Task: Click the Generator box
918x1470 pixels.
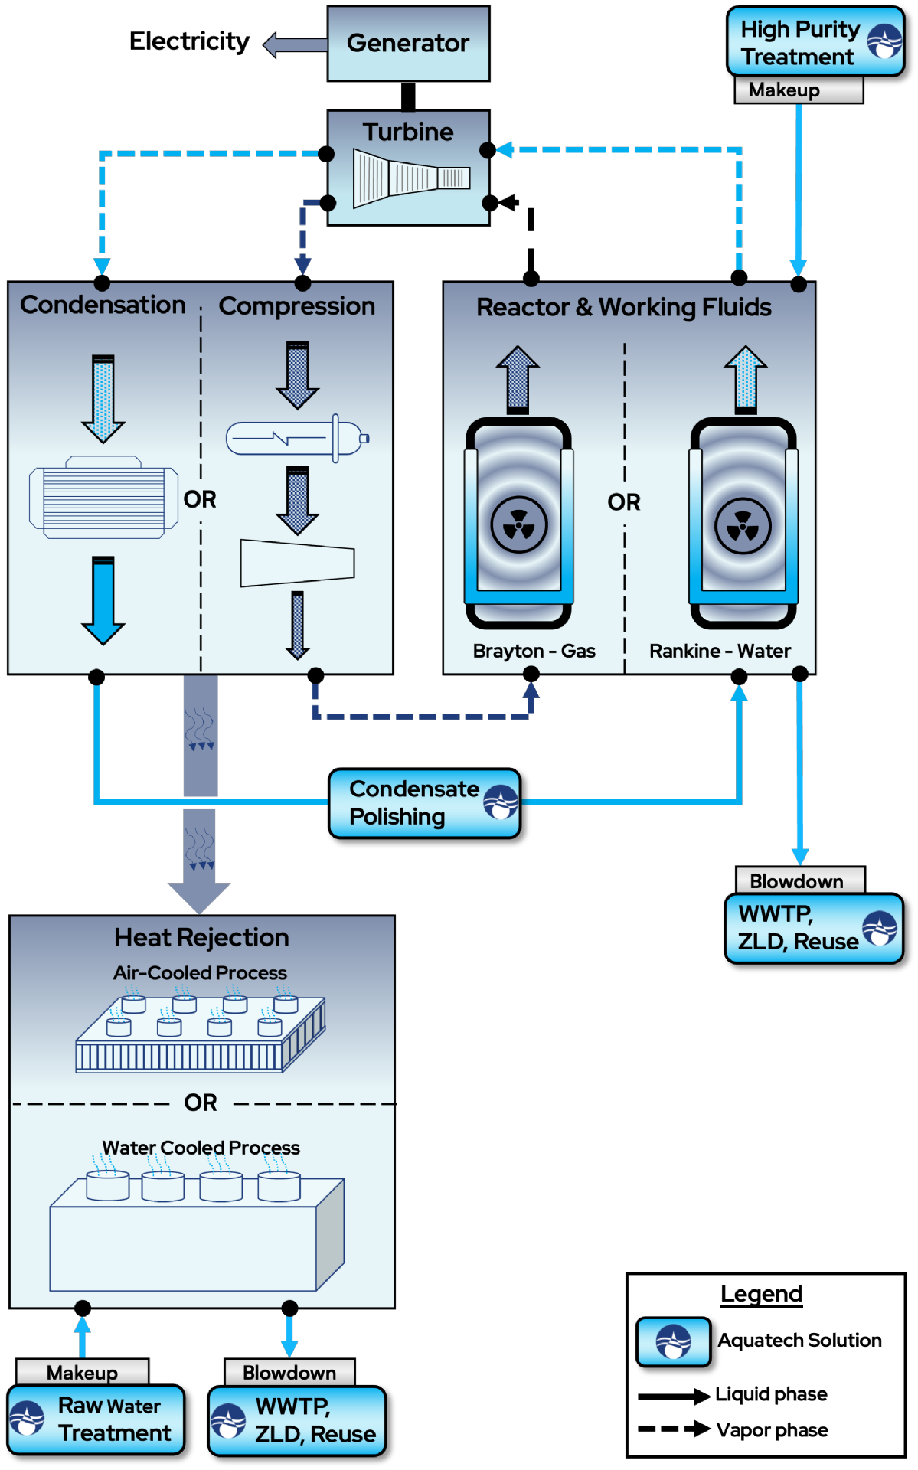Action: pyautogui.click(x=408, y=44)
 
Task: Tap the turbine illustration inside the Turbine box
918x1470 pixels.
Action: pyautogui.click(x=411, y=178)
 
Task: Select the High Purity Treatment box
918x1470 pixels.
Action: pyautogui.click(x=815, y=42)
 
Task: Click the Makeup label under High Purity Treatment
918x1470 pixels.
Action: pyautogui.click(x=798, y=90)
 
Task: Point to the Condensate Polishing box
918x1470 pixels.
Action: pyautogui.click(x=424, y=803)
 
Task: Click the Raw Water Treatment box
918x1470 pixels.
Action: pyautogui.click(x=96, y=1420)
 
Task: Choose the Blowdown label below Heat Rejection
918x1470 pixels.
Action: pyautogui.click(x=289, y=1373)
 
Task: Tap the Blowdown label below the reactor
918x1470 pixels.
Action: pyautogui.click(x=799, y=880)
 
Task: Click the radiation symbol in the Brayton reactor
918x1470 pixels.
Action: pyautogui.click(x=518, y=525)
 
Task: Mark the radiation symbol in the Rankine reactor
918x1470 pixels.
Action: pyautogui.click(x=743, y=526)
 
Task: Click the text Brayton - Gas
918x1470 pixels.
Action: pyautogui.click(x=534, y=651)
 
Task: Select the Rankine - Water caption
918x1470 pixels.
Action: pyautogui.click(x=720, y=651)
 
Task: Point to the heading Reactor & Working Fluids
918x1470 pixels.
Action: pyautogui.click(x=623, y=307)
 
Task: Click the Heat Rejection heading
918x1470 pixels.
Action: pyautogui.click(x=201, y=937)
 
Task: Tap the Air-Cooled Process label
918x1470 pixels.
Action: pyautogui.click(x=200, y=973)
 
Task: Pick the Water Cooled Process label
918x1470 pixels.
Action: pyautogui.click(x=201, y=1148)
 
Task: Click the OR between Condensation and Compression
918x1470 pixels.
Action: pyautogui.click(x=200, y=499)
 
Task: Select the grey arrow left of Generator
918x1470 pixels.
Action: pyautogui.click(x=295, y=45)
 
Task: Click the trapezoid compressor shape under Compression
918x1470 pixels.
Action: pyautogui.click(x=297, y=563)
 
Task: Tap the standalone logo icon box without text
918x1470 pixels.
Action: pyautogui.click(x=674, y=1341)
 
